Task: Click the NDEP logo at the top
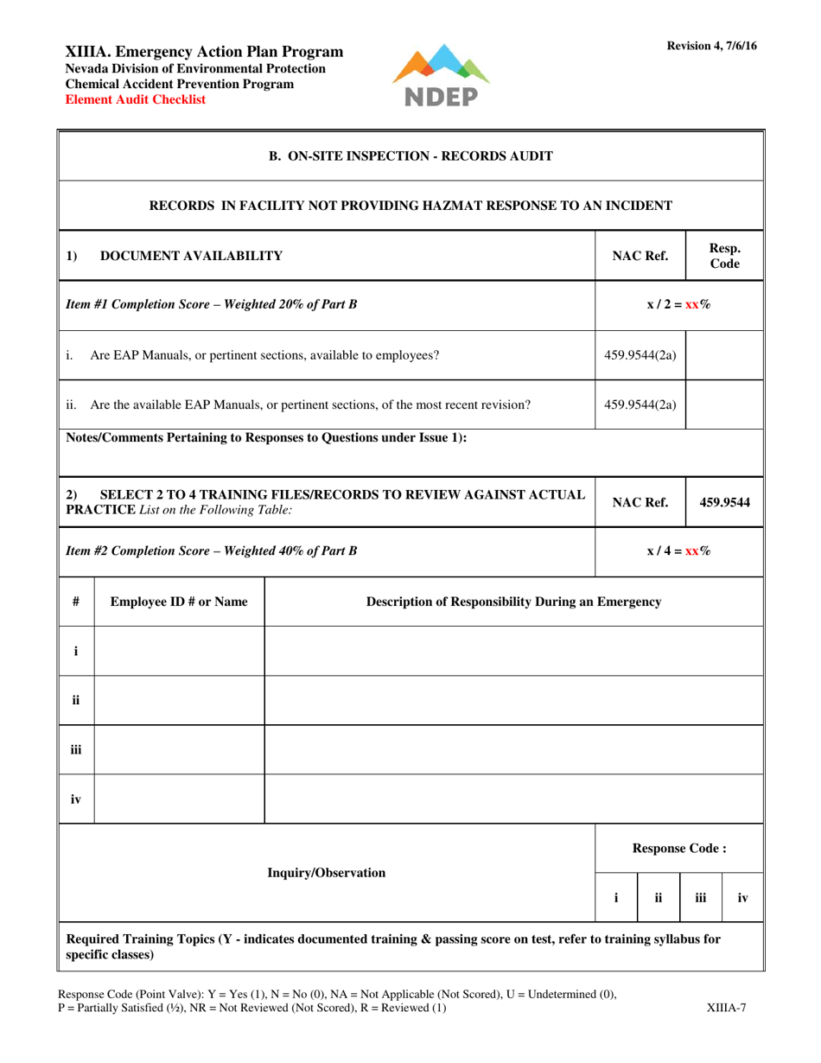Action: tap(441, 76)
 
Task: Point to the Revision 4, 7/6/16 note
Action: tap(711, 46)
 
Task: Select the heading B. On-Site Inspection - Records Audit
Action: tap(411, 156)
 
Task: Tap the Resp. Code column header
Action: tap(724, 255)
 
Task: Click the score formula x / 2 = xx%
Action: tap(679, 304)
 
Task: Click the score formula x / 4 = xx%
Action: tap(679, 550)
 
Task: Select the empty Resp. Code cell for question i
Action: tap(724, 354)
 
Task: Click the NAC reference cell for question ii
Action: tap(640, 404)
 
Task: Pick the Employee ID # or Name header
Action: tap(178, 601)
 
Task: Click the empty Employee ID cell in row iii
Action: tap(178, 749)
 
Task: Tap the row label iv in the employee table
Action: tap(76, 799)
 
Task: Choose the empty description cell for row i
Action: tap(513, 651)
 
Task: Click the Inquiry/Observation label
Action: tap(327, 873)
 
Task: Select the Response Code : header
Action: tap(679, 848)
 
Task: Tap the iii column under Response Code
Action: tap(701, 898)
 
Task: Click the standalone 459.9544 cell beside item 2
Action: tap(724, 500)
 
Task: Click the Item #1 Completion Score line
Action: tap(212, 304)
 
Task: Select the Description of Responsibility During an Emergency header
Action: tap(513, 601)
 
